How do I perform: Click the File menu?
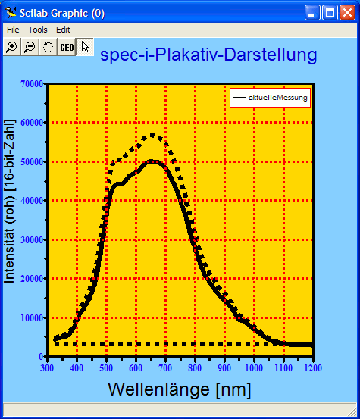click(x=13, y=30)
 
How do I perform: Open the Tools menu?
click(x=38, y=30)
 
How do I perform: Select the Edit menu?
click(x=63, y=30)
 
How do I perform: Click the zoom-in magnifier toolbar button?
click(x=11, y=47)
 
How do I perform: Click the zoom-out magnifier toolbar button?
click(x=30, y=47)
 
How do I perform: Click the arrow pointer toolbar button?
click(x=85, y=47)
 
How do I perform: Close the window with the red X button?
click(x=347, y=12)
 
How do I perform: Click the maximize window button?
click(x=330, y=12)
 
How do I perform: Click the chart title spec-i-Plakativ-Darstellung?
click(x=208, y=55)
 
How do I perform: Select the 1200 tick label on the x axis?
click(x=311, y=367)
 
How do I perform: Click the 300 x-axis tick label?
click(x=47, y=367)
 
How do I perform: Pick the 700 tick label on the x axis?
click(x=164, y=367)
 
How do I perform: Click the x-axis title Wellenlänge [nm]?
click(x=180, y=389)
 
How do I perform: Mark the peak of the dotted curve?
click(x=152, y=135)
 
